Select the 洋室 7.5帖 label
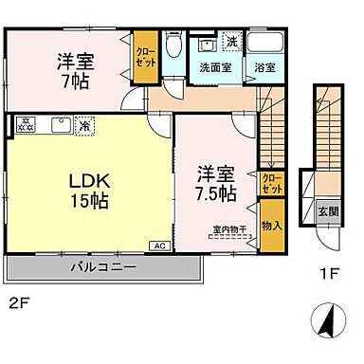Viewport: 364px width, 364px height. click(x=216, y=183)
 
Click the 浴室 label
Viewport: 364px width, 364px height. click(x=264, y=67)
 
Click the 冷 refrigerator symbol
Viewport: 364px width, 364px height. click(x=85, y=122)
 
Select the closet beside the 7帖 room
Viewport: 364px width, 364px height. click(x=146, y=58)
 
